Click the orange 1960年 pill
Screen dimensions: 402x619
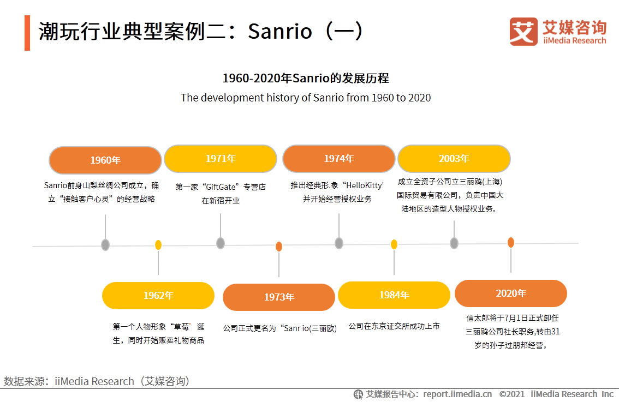pyautogui.click(x=105, y=160)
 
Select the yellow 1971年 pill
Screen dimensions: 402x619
pyautogui.click(x=221, y=158)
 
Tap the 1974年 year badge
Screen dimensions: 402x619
pyautogui.click(x=338, y=158)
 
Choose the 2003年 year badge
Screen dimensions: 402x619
pyautogui.click(x=454, y=159)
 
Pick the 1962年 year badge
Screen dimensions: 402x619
pyautogui.click(x=158, y=296)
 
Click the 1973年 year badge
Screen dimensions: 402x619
pyautogui.click(x=279, y=297)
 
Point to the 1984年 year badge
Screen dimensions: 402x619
pyautogui.click(x=394, y=295)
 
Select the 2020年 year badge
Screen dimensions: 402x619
pyautogui.click(x=511, y=293)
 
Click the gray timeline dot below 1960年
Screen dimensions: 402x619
pyautogui.click(x=105, y=245)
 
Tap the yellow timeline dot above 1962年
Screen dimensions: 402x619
pyautogui.click(x=158, y=245)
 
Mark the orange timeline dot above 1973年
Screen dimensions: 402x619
pyautogui.click(x=279, y=247)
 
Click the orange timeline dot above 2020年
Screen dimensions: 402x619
pyautogui.click(x=511, y=242)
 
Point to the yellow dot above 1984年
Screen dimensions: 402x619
pyautogui.click(x=394, y=244)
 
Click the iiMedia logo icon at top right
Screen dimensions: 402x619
pyautogui.click(x=523, y=31)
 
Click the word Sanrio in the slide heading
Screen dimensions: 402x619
pyautogui.click(x=279, y=31)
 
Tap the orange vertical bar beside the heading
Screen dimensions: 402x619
pyautogui.click(x=27, y=33)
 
